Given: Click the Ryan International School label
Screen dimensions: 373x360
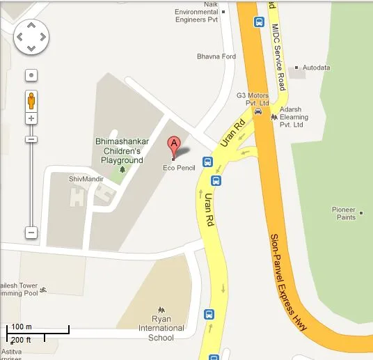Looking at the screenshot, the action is [x=161, y=328].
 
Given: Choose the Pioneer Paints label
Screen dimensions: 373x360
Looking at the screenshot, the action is [x=343, y=213].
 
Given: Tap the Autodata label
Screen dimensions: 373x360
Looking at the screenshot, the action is [x=315, y=68].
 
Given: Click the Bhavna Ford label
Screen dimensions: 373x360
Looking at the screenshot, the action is [x=216, y=56].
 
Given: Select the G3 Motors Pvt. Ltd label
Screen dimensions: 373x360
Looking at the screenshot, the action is [x=252, y=98].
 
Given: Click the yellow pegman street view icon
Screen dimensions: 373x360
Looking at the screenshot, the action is [x=31, y=100].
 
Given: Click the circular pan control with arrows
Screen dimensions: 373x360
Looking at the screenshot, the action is [x=31, y=36].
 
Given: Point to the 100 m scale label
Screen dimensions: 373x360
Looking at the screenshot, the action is [x=22, y=327].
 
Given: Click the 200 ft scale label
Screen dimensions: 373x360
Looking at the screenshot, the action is [x=20, y=339].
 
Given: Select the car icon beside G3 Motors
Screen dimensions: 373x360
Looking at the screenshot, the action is [x=258, y=110].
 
